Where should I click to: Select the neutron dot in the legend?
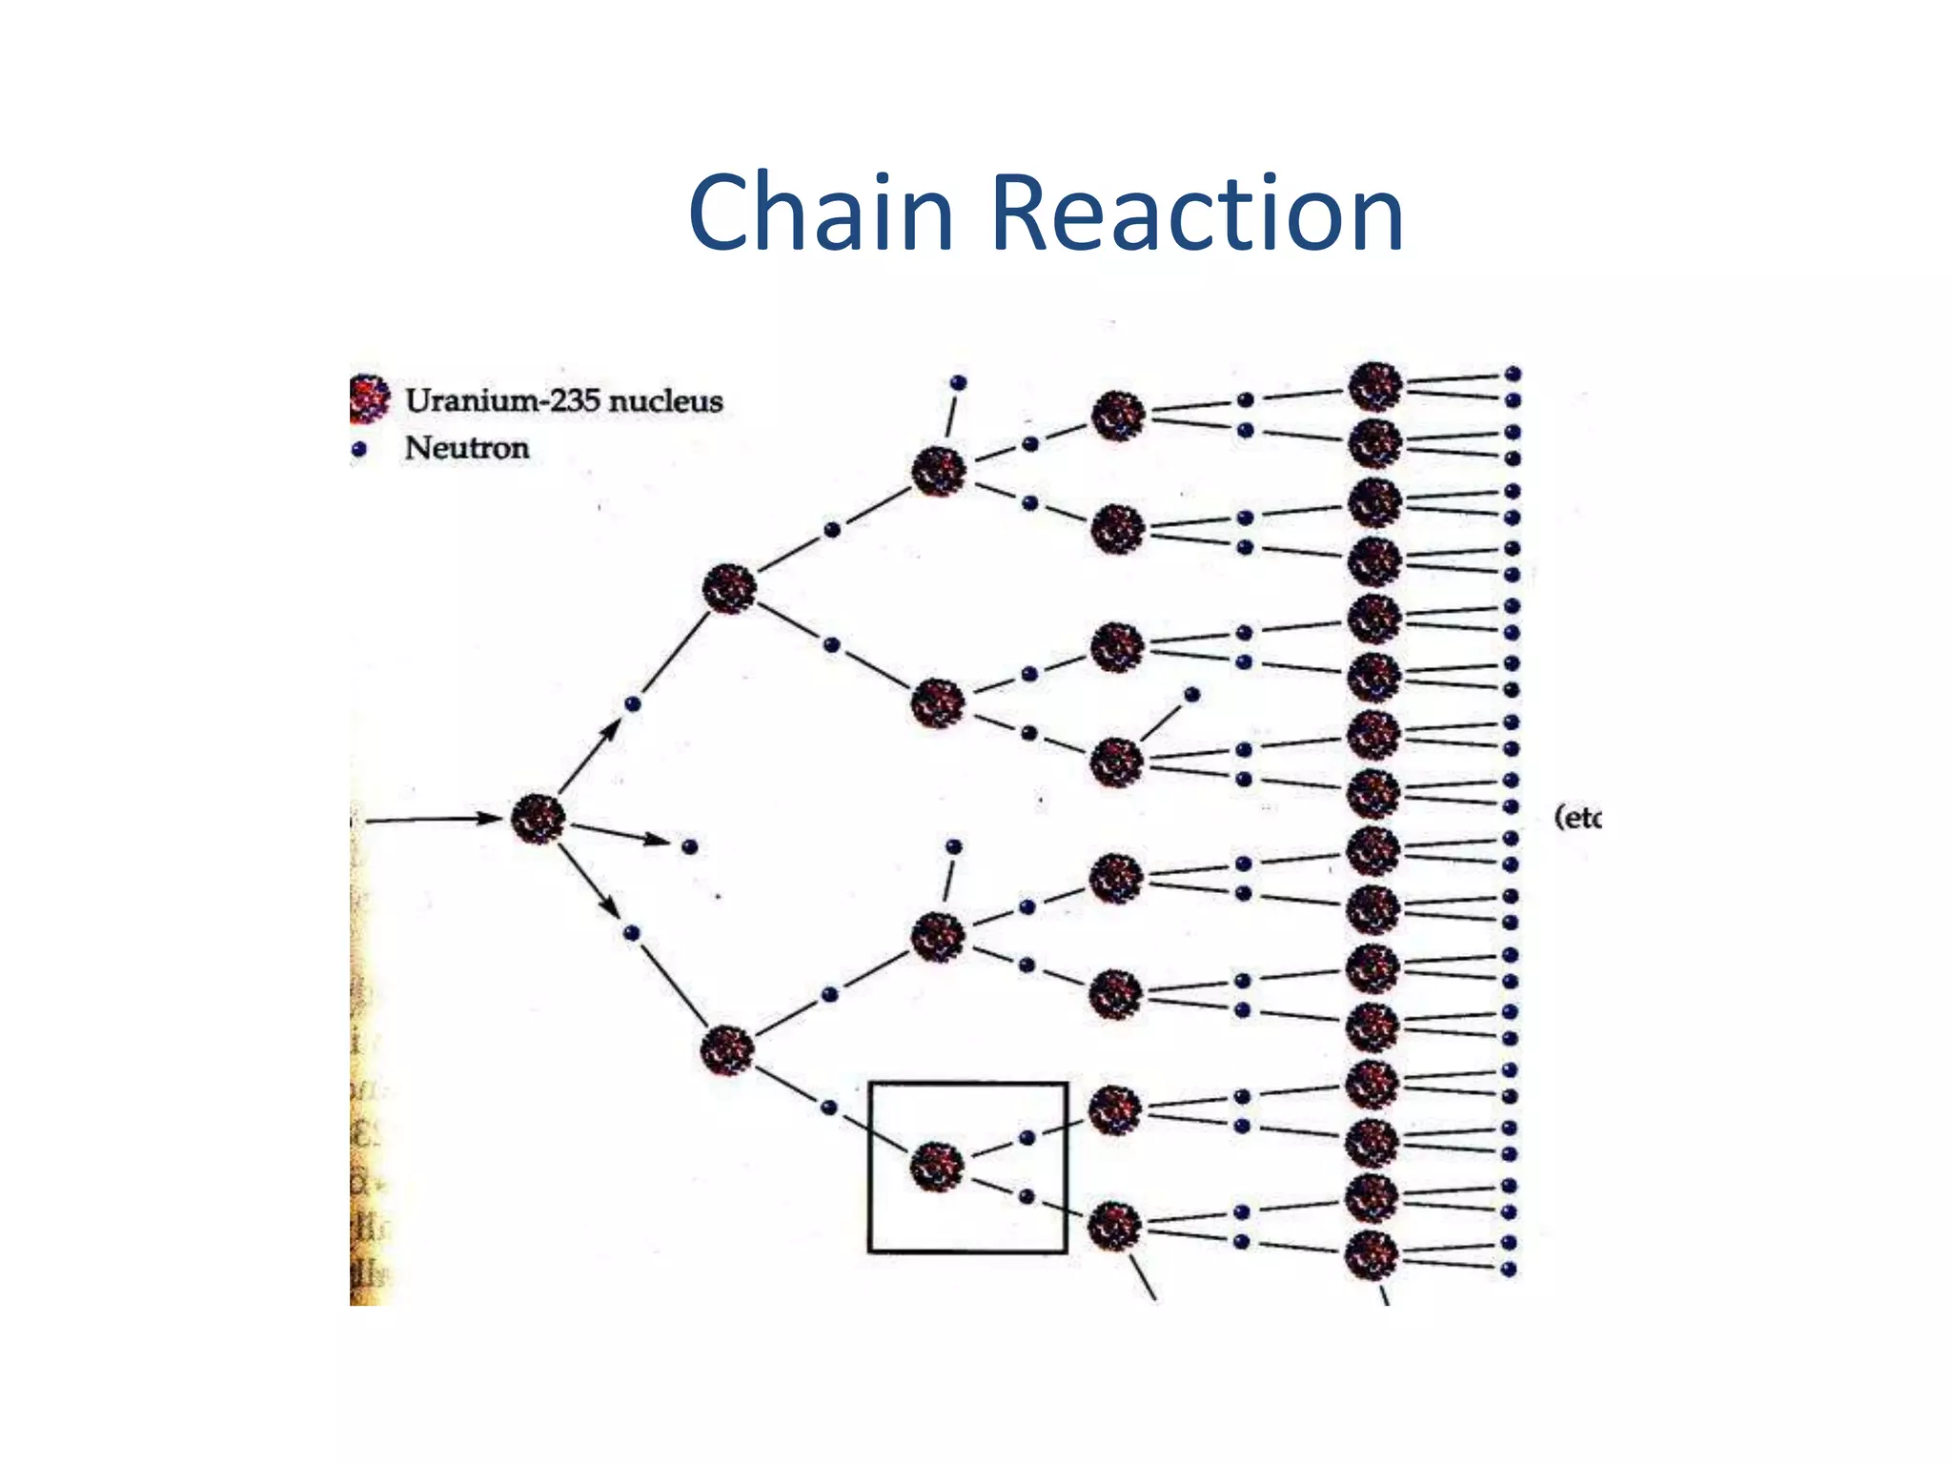[x=359, y=449]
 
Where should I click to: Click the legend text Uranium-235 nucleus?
[x=563, y=400]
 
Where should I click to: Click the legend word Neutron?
[x=466, y=448]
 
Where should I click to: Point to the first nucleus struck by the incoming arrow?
[x=538, y=819]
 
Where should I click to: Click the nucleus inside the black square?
[x=937, y=1167]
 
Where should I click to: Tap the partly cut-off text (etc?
[x=1577, y=817]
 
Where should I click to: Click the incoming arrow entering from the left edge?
[x=429, y=819]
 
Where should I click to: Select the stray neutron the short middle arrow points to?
[x=690, y=846]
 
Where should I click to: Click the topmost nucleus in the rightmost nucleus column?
[x=1375, y=386]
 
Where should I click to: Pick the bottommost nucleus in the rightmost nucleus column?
[x=1372, y=1255]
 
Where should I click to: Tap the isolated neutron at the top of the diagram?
[x=959, y=382]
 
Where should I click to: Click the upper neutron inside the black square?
[x=1027, y=1137]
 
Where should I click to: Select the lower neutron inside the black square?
[x=1026, y=1196]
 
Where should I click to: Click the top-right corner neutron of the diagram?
[x=1513, y=374]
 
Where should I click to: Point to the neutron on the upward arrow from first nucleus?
[x=632, y=704]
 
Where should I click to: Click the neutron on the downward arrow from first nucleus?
[x=631, y=933]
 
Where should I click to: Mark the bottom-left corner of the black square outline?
[x=870, y=1250]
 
